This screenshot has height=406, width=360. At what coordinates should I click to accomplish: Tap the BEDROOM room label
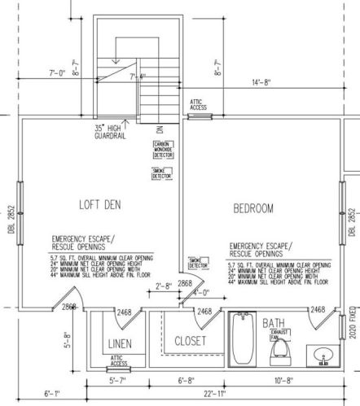point(253,209)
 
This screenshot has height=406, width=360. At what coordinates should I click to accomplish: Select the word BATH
point(273,324)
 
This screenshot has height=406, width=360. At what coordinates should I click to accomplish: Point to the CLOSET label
point(191,340)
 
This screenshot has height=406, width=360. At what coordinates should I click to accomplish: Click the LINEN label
point(121,345)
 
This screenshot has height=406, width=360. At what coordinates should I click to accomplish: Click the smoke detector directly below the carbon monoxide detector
point(162,173)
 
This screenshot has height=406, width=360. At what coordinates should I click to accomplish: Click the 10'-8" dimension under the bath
point(289,380)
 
